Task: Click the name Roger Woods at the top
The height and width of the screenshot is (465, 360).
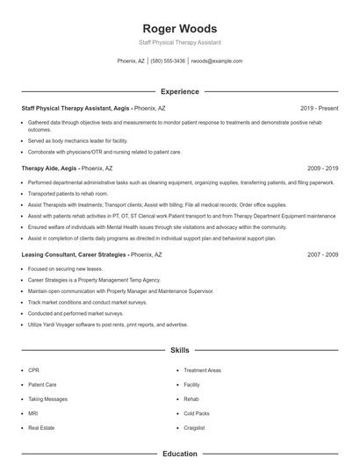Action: (x=180, y=28)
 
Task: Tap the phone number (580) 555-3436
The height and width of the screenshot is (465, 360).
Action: (x=168, y=61)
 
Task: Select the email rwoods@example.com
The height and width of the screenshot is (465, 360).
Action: (x=217, y=61)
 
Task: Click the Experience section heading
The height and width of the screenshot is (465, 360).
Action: (x=180, y=91)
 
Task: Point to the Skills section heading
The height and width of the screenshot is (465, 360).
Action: (x=180, y=350)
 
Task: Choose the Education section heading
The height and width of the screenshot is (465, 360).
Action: (x=180, y=454)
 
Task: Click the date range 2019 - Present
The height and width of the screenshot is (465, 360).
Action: (x=319, y=108)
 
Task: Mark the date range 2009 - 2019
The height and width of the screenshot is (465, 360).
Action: (x=322, y=167)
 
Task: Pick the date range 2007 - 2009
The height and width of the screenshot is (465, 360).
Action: (x=322, y=254)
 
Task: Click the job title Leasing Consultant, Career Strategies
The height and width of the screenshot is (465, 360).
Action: (x=74, y=254)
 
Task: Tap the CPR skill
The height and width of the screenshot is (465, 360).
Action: (x=33, y=370)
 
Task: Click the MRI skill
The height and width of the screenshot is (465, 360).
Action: (x=33, y=413)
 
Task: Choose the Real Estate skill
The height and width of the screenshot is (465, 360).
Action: (x=41, y=427)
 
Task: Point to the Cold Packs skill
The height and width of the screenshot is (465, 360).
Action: (x=197, y=413)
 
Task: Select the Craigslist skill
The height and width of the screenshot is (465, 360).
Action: (x=195, y=427)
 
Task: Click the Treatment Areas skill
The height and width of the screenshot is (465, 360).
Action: (x=203, y=370)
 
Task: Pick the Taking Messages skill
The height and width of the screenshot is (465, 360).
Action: (x=47, y=398)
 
